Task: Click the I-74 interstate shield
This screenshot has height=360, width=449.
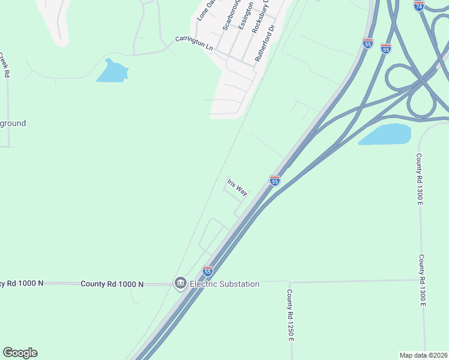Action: (419, 5)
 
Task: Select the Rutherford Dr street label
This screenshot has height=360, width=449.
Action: (265, 43)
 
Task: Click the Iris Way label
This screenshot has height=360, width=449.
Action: (237, 187)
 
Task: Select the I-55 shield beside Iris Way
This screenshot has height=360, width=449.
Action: (274, 179)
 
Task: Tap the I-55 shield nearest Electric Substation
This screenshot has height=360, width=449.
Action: (208, 271)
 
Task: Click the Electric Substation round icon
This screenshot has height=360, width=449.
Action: (180, 283)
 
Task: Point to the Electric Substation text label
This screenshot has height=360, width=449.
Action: (224, 284)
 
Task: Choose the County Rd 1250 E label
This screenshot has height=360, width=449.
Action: (289, 316)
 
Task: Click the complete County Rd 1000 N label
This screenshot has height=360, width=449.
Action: (112, 284)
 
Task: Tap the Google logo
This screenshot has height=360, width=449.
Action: (20, 353)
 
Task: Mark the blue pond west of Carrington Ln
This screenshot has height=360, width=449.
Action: (112, 71)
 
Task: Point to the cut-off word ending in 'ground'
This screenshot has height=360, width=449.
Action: (13, 124)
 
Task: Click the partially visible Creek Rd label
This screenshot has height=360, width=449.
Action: (7, 65)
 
